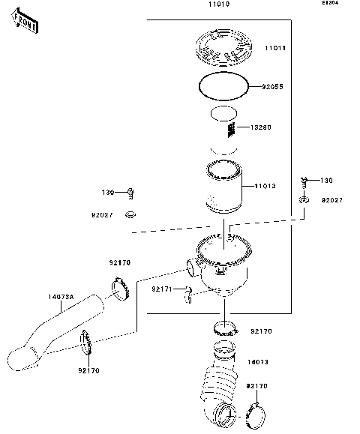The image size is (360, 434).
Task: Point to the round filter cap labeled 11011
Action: coord(226,48)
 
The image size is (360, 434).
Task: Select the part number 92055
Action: coord(272,87)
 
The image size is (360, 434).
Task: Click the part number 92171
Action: coord(162,288)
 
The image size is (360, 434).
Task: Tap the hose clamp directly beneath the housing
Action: coord(225,327)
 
